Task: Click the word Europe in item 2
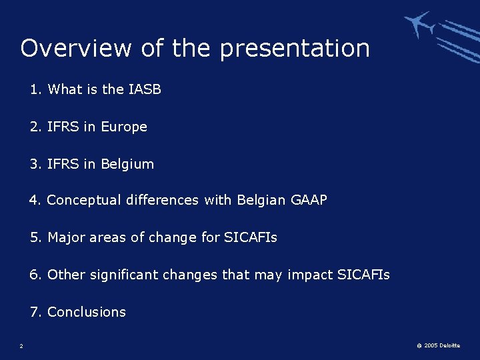(x=123, y=127)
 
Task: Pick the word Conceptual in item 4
(x=84, y=200)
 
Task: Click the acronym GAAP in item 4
(x=309, y=200)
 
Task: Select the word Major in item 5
(x=65, y=237)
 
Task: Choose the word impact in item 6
(x=309, y=275)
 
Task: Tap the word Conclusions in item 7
(x=87, y=312)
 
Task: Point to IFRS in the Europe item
(x=63, y=127)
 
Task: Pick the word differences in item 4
(x=161, y=200)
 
